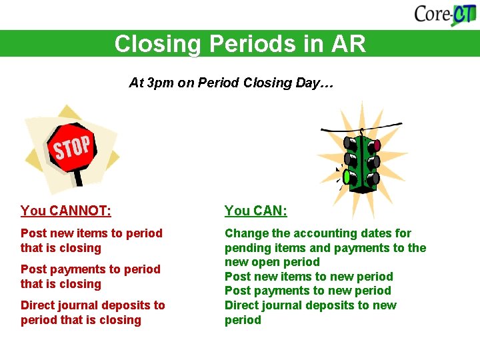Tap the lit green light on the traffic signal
pyautogui.click(x=347, y=177)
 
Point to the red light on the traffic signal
pyautogui.click(x=377, y=145)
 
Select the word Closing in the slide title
pyautogui.click(x=157, y=44)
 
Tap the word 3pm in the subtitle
pyautogui.click(x=160, y=83)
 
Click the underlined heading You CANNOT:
pyautogui.click(x=65, y=211)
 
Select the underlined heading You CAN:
pyautogui.click(x=255, y=211)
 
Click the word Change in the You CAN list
pyautogui.click(x=246, y=233)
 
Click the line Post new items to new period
pyautogui.click(x=308, y=277)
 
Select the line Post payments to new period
pyautogui.click(x=307, y=291)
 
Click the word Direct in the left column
pyautogui.click(x=37, y=305)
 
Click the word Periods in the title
pyautogui.click(x=251, y=44)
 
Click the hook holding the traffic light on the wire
pyautogui.click(x=361, y=131)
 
